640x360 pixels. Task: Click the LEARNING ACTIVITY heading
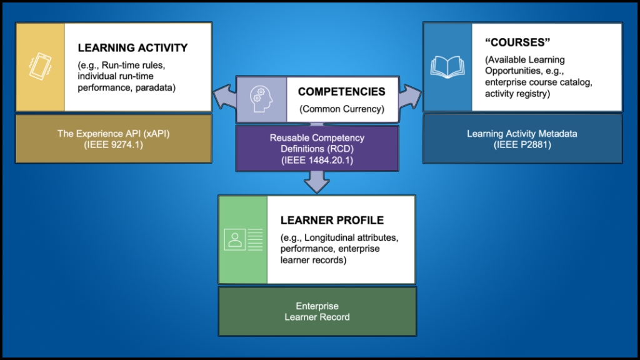[x=132, y=47]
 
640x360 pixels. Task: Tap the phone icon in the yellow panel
[x=39, y=67]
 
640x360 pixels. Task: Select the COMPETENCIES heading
[x=341, y=91]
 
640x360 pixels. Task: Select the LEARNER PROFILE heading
[x=332, y=220]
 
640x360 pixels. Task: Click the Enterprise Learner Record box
[x=317, y=311]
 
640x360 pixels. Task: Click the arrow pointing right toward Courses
[x=409, y=98]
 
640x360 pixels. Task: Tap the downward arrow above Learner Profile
[x=317, y=182]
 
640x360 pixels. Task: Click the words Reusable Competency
[x=317, y=137]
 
